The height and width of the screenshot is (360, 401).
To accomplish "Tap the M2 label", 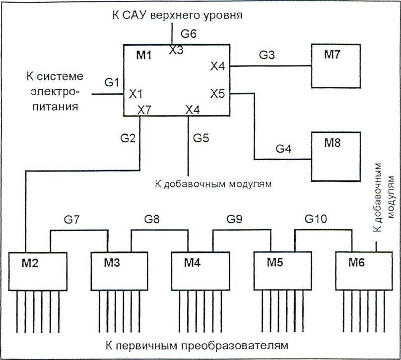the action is tap(30, 263).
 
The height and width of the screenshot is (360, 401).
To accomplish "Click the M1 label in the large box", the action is tap(144, 55).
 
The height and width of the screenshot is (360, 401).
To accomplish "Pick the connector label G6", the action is tap(189, 33).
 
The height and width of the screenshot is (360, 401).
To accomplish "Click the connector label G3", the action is tap(267, 55).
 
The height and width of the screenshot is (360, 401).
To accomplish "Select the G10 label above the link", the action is tap(316, 219).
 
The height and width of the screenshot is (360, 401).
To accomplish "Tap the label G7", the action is tap(72, 219).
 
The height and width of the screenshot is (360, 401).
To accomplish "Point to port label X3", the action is tap(176, 50).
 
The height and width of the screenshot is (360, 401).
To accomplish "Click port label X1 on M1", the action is tap(135, 94).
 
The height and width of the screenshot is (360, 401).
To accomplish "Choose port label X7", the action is tap(144, 111).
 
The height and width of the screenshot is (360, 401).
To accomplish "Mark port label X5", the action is tap(218, 94).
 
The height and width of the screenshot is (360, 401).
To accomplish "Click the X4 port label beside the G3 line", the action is tap(218, 66).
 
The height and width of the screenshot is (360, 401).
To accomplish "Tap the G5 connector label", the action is tap(201, 138).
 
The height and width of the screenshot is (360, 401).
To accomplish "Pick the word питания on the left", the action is tap(55, 106).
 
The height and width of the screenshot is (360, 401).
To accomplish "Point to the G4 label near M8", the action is tap(283, 148).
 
